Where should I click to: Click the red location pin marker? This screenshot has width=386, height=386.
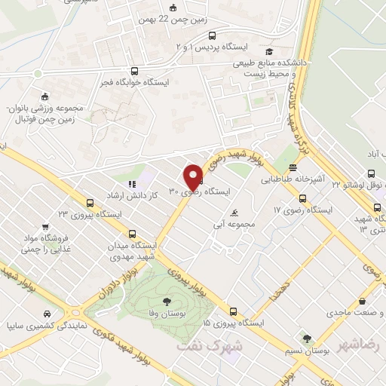click(194, 176)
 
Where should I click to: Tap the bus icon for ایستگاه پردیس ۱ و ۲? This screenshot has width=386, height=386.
click(213, 35)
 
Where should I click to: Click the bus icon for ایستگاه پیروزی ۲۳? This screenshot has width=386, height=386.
click(91, 203)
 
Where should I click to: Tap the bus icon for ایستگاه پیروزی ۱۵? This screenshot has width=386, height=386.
click(233, 311)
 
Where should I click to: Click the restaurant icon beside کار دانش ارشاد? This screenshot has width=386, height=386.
click(130, 183)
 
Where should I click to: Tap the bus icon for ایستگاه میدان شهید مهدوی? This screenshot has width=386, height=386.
click(133, 234)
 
